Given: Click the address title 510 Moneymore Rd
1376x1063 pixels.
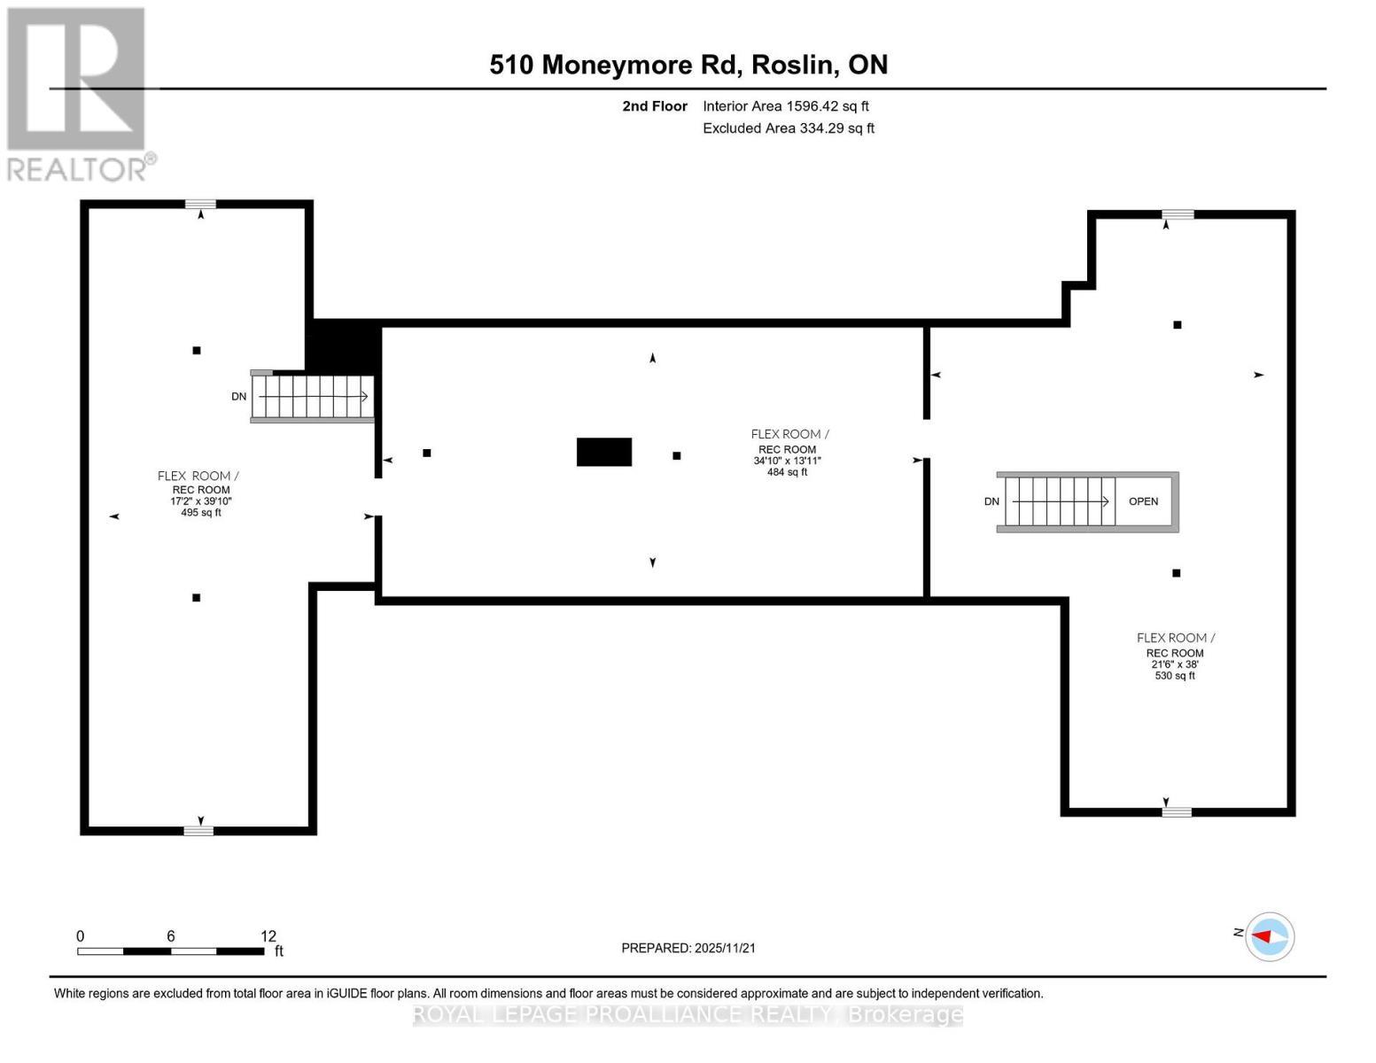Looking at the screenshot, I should click(x=688, y=65).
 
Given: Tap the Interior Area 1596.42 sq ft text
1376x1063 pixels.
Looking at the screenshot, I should click(x=785, y=106).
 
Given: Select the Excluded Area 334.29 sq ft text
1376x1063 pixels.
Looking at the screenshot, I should click(x=788, y=128).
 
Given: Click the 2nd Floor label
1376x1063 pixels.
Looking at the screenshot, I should click(x=654, y=106).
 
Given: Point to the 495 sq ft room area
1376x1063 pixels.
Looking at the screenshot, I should click(x=200, y=513).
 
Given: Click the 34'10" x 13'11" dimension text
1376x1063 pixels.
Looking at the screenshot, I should click(x=787, y=461).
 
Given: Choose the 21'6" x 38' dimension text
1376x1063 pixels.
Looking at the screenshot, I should click(x=1174, y=664).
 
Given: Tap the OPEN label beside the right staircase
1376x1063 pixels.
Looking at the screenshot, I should click(x=1143, y=501).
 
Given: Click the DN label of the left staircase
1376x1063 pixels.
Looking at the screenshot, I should click(x=238, y=397).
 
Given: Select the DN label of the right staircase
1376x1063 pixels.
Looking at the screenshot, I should click(x=991, y=501).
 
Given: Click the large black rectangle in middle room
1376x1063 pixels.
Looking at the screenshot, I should click(x=603, y=452).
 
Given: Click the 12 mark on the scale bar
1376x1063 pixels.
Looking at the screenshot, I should click(x=268, y=936).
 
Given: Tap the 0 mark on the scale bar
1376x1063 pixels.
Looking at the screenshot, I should click(x=80, y=936).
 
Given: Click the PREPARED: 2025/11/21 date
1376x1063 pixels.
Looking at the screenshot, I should click(x=688, y=948).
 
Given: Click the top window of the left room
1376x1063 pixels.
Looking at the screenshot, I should click(x=200, y=205).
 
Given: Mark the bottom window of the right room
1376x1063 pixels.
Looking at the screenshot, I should click(x=1176, y=811).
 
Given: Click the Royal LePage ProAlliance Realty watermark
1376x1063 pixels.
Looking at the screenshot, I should click(x=688, y=1014).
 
